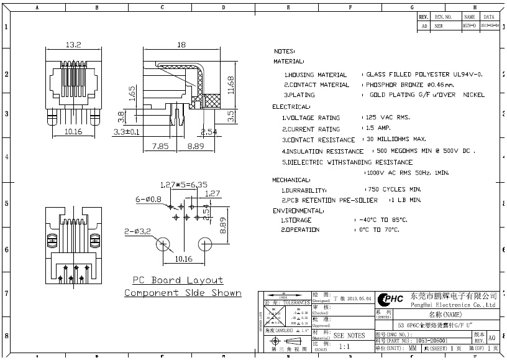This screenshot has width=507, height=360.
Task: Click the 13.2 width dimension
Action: [x=73, y=45]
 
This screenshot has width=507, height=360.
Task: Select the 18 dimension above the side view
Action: [x=181, y=45]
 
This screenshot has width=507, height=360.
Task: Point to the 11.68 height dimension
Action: [x=231, y=82]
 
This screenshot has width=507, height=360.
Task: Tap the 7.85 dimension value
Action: [x=160, y=147]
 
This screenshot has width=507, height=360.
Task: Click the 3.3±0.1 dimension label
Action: [x=127, y=132]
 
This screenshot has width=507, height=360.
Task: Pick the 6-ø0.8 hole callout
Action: [x=148, y=200]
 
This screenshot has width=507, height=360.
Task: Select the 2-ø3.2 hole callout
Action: [x=136, y=231]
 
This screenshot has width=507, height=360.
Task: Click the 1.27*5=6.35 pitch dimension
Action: [x=183, y=185]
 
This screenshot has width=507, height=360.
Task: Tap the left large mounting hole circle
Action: [x=163, y=244]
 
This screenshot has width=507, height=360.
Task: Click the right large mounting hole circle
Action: [x=205, y=244]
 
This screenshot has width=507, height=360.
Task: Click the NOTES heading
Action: [x=285, y=51]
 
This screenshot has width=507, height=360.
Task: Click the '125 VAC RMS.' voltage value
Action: [x=388, y=118]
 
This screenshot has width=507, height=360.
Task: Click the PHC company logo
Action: [x=391, y=298]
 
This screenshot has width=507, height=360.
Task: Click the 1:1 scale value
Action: [x=344, y=346]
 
